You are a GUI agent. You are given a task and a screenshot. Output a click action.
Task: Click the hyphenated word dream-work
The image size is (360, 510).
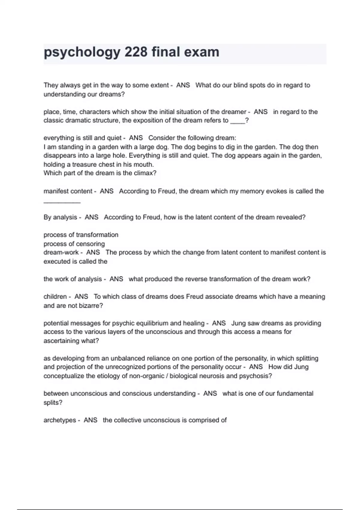(x=61, y=252)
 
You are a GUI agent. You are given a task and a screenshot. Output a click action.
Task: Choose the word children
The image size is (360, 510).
(x=55, y=297)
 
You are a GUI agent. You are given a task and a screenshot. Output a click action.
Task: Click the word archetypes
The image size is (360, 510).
(x=60, y=420)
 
